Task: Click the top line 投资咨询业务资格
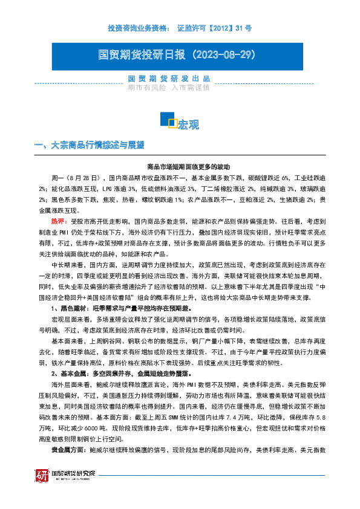click(137, 28)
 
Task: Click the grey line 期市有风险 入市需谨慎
click(169, 88)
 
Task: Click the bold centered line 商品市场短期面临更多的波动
click(180, 167)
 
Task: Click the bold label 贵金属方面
click(67, 450)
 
